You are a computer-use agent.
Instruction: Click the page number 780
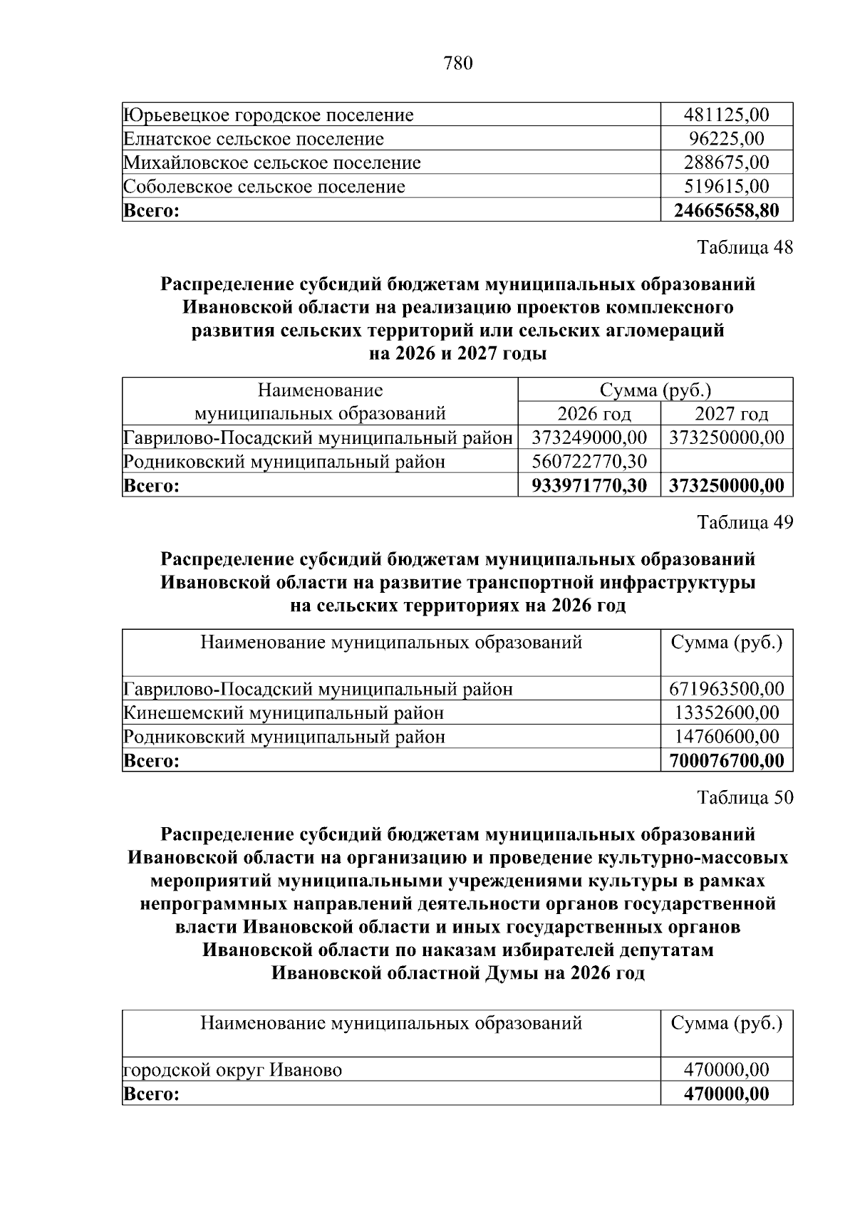click(458, 64)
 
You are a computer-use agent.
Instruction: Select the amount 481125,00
click(726, 115)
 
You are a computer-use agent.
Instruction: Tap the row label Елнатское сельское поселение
click(254, 139)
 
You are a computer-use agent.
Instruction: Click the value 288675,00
click(726, 162)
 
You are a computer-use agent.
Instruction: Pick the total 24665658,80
click(726, 210)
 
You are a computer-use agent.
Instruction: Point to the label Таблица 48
click(745, 247)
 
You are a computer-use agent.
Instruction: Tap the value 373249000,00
click(589, 437)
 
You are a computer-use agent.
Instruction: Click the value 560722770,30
click(589, 462)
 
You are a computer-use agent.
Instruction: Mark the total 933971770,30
click(589, 486)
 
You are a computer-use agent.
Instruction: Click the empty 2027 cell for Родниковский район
click(727, 462)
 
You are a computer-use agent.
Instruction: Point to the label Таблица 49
click(745, 522)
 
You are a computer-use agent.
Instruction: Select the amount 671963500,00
click(726, 689)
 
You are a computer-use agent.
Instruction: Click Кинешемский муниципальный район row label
click(284, 713)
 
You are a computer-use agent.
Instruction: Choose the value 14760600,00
click(726, 737)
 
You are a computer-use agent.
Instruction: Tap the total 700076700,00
click(726, 761)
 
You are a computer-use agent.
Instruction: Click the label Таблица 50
click(745, 797)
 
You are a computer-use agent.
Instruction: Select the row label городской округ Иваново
click(232, 1070)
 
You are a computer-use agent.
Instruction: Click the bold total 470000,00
click(726, 1094)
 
